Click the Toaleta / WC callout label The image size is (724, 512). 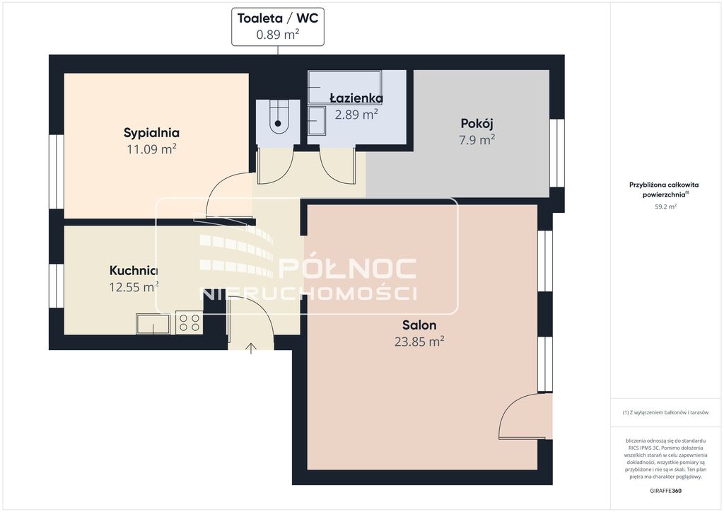tap(277, 18)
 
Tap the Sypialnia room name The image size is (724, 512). tap(151, 133)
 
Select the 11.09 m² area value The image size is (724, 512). tap(151, 149)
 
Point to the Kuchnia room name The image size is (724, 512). tap(134, 271)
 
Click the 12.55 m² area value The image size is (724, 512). tap(134, 286)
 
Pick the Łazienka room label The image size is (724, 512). tap(356, 98)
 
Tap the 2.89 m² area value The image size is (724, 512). tap(356, 114)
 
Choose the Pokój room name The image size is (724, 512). tap(477, 124)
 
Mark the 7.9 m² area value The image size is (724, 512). tap(477, 139)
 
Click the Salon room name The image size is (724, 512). tap(419, 325)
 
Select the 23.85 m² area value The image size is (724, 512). tap(419, 341)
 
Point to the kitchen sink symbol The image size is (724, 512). tap(153, 324)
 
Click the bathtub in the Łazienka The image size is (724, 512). tap(344, 87)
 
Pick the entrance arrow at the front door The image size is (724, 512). tap(251, 348)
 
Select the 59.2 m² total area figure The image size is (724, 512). tap(665, 206)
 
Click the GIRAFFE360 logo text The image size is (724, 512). tap(665, 491)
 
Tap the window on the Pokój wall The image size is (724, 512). tap(557, 153)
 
